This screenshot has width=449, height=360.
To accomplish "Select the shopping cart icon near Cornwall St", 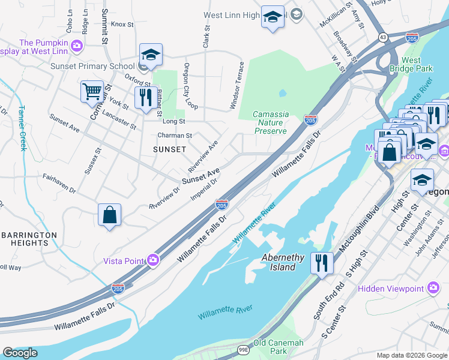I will tap(92, 92).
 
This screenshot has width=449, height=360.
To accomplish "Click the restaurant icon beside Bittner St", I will tap(146, 97).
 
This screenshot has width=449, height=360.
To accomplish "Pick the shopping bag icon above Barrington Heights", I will tap(110, 215).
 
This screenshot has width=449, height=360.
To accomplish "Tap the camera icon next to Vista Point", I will tap(154, 260).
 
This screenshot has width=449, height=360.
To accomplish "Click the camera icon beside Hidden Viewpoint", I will tap(432, 289).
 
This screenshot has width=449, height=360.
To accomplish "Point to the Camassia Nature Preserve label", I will tap(270, 122).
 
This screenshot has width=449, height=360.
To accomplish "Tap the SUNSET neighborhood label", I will tap(170, 149).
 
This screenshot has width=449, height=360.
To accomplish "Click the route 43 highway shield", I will tap(382, 37).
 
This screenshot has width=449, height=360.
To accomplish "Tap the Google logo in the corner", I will tap(20, 353).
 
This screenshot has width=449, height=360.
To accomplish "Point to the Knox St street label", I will tap(121, 24).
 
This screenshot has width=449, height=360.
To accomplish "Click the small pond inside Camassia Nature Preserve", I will tap(282, 93).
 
